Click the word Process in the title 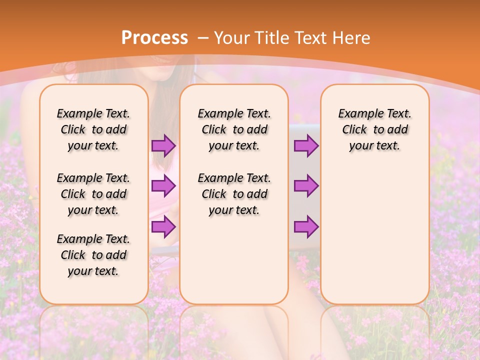point(154,37)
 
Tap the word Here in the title point(350,37)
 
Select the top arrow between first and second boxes point(163,146)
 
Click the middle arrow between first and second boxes point(163,186)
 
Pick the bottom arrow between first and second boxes point(163,226)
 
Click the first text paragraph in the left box point(93,129)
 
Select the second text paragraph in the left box point(93,194)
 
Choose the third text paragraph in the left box point(93,255)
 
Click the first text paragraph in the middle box point(234,129)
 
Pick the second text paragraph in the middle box point(234,194)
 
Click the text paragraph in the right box point(375,129)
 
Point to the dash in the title point(203,38)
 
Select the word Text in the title point(311,37)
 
